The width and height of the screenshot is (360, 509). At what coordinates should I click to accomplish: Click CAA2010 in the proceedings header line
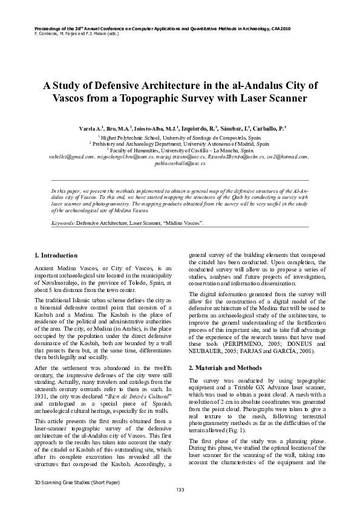pos(281,28)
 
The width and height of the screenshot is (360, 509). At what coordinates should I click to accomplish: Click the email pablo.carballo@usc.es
pos(180,163)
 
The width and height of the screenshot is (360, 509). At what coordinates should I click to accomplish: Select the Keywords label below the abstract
pos(63,223)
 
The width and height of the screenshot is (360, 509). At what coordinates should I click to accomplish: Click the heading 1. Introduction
pos(56,255)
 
